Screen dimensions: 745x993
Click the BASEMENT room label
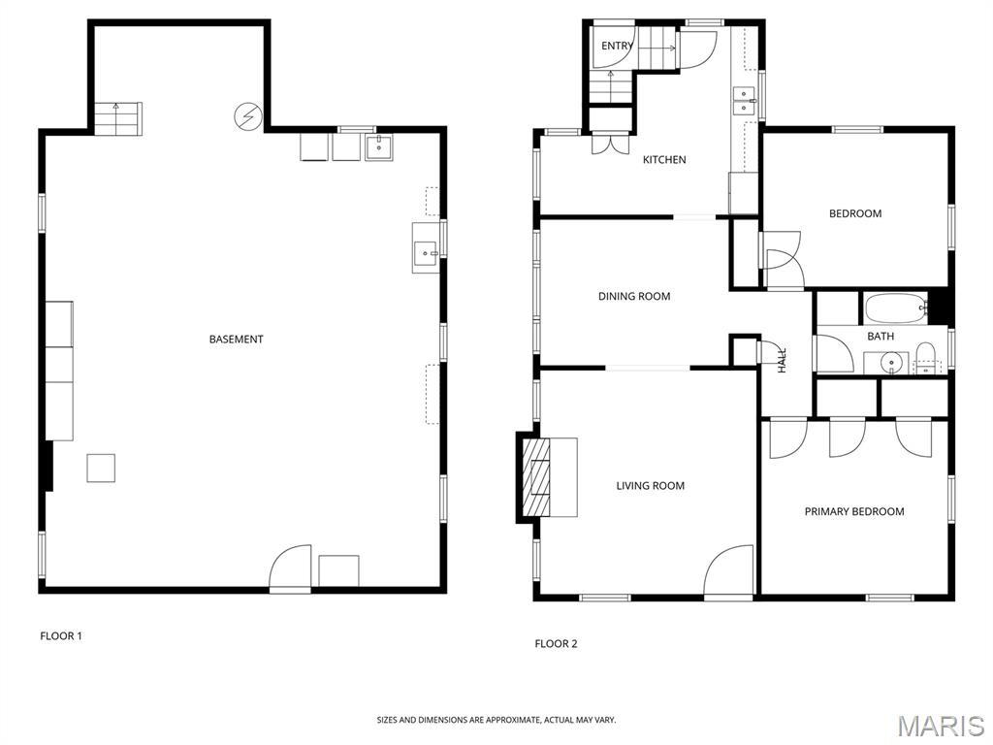(237, 340)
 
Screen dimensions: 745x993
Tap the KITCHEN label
(664, 160)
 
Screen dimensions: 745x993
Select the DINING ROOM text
(634, 297)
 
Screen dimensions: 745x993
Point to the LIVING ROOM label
(651, 486)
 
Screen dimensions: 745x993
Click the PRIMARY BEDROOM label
(854, 511)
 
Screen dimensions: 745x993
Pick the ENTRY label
(617, 46)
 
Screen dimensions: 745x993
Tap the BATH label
(881, 337)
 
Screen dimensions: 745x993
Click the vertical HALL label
(782, 361)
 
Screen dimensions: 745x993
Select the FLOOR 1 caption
(61, 636)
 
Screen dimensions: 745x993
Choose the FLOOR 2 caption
(557, 644)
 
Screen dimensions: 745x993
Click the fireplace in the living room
(536, 477)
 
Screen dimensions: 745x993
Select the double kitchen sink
(745, 101)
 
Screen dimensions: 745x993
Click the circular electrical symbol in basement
(247, 117)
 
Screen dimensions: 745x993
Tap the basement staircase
(117, 118)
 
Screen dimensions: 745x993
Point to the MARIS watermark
(940, 725)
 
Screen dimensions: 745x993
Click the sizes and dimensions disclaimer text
(496, 720)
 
